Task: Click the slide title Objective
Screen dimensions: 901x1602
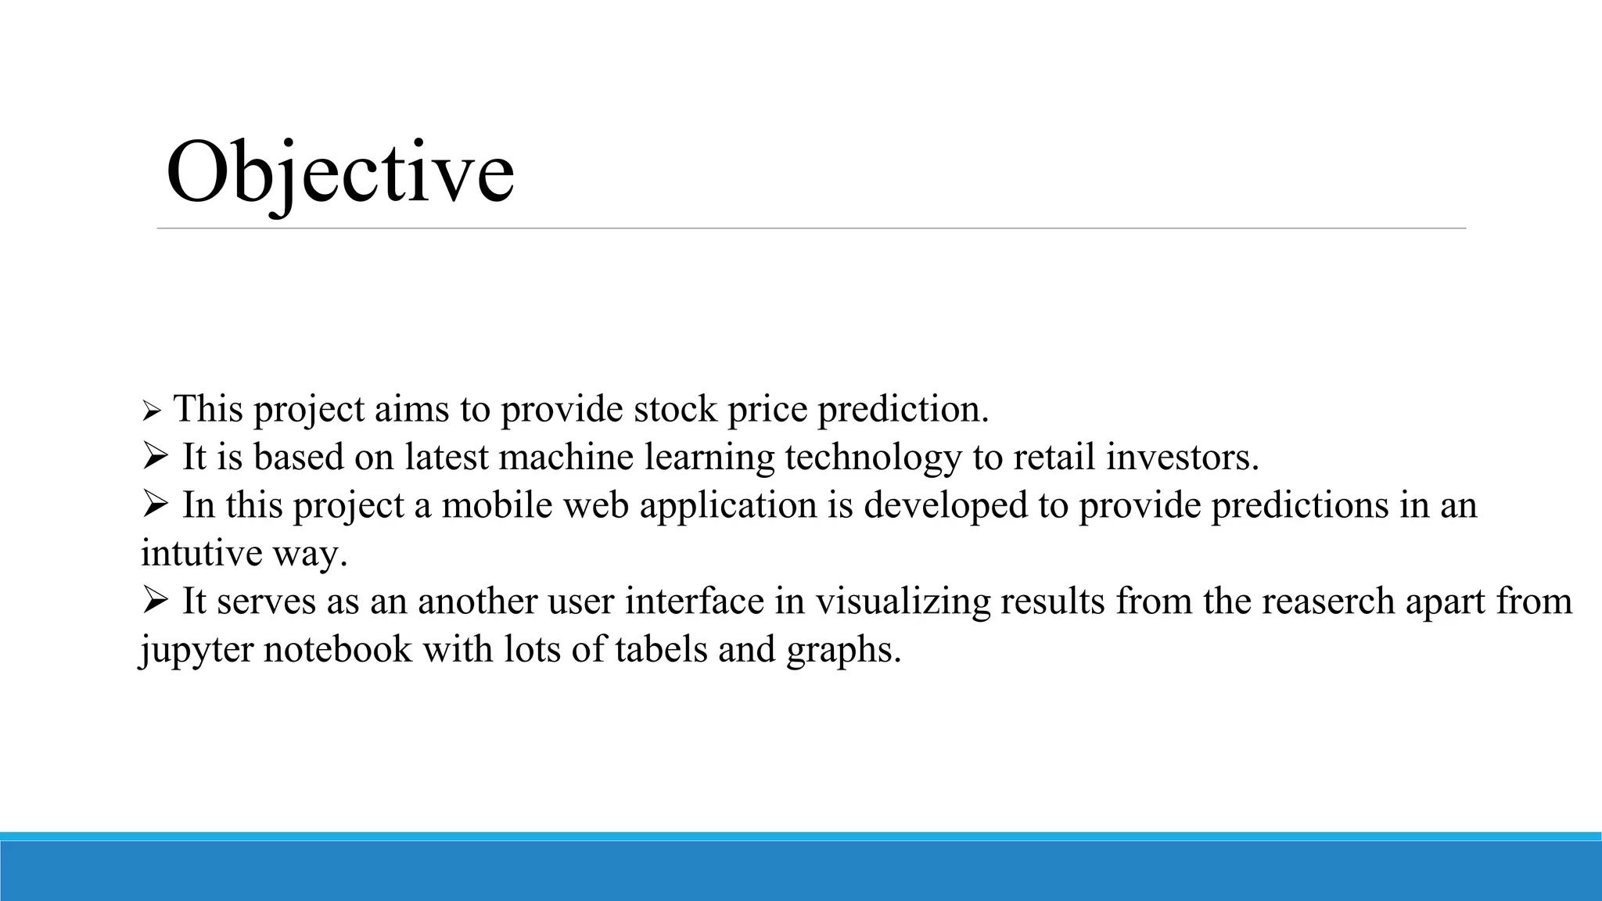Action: (x=340, y=172)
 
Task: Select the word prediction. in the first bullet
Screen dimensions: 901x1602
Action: (x=903, y=409)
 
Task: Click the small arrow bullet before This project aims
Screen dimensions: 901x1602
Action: (x=152, y=411)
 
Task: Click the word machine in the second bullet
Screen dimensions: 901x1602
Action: (x=566, y=457)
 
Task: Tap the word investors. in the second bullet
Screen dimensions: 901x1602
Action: (x=1182, y=457)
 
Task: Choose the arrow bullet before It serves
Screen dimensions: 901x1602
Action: (x=156, y=600)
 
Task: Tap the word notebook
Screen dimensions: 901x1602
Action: (x=337, y=650)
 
